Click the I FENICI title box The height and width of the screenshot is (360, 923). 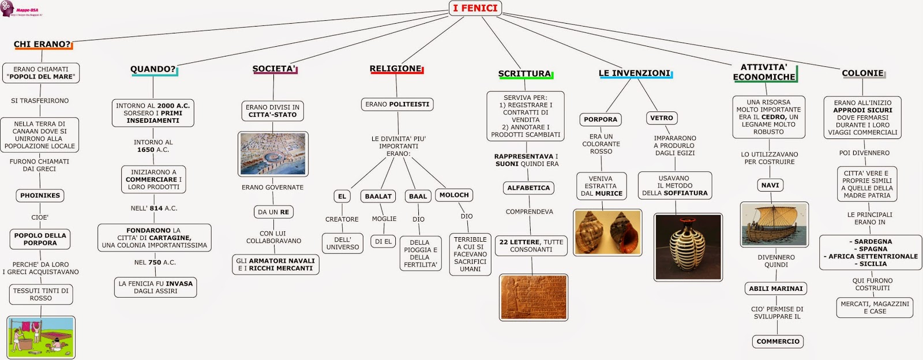(475, 8)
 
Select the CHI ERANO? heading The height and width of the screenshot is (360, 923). (42, 44)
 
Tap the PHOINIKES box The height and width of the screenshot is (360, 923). (40, 196)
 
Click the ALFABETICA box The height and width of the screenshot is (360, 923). (528, 188)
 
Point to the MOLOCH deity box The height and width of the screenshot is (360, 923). (454, 195)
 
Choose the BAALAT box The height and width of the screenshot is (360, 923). (378, 196)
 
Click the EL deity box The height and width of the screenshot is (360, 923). (342, 196)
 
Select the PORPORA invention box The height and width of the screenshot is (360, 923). (600, 119)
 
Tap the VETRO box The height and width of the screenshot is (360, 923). (661, 118)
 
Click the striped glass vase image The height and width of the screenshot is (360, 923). (688, 246)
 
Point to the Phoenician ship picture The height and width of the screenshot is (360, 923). (774, 224)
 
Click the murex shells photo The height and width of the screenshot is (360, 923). (607, 232)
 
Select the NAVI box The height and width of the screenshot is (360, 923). (770, 185)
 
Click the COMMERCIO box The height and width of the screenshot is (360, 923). (778, 342)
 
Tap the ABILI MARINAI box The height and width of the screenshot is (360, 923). (775, 288)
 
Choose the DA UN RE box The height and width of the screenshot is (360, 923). (273, 212)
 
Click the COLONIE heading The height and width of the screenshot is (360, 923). (862, 73)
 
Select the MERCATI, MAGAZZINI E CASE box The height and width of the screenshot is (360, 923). (875, 307)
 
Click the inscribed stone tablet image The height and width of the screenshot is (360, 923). (534, 297)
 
